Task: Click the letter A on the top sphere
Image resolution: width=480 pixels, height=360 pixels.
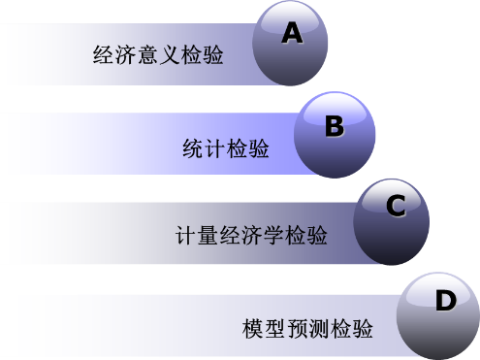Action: click(292, 33)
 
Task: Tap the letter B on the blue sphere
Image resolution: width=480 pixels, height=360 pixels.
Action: click(335, 126)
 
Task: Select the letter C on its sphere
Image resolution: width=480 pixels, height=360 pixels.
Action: click(396, 206)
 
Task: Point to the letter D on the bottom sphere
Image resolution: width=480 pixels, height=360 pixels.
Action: click(446, 300)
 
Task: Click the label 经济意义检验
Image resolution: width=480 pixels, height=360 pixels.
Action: click(158, 54)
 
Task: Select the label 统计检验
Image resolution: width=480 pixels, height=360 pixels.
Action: click(226, 148)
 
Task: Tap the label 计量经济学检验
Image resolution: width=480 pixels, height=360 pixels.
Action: click(251, 235)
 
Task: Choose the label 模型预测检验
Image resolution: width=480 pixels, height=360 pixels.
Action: click(307, 329)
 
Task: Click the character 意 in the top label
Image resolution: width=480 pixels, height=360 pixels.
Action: click(147, 54)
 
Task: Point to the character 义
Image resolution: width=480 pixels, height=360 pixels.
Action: click(169, 54)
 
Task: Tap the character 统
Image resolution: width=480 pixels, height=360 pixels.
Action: click(193, 148)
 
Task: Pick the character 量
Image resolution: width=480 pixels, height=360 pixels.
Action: click(208, 235)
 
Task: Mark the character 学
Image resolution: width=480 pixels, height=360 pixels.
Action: click(273, 235)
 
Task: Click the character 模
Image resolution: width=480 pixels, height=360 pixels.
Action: click(253, 329)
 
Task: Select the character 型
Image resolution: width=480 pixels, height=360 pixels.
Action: click(274, 329)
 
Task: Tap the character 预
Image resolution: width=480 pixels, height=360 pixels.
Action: click(297, 329)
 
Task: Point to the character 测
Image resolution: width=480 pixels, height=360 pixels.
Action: click(318, 329)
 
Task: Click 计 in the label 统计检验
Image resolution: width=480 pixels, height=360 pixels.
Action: click(215, 148)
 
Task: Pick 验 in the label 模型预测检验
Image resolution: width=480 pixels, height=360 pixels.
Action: click(363, 329)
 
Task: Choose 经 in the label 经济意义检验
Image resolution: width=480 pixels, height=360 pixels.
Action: click(104, 54)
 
